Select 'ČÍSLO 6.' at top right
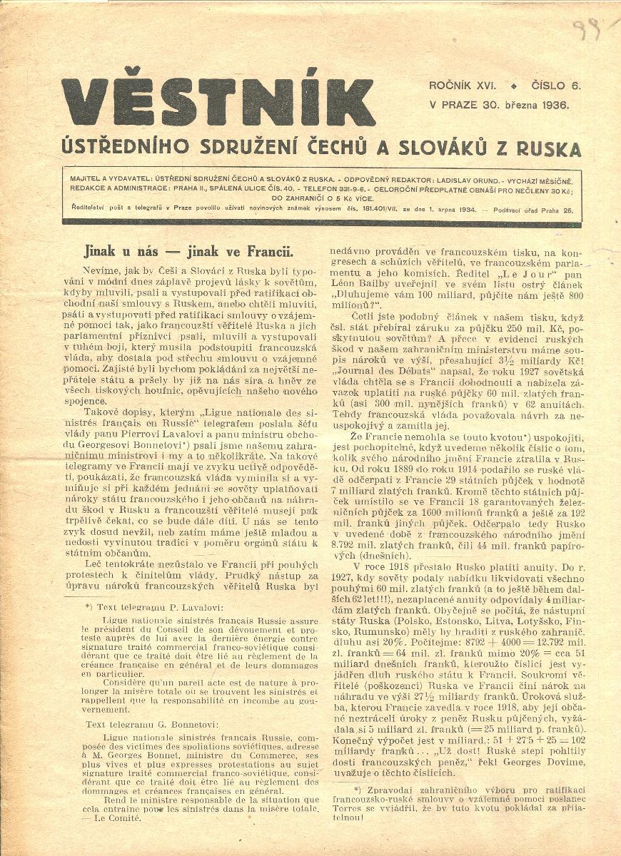557,86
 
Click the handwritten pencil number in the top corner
590,30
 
